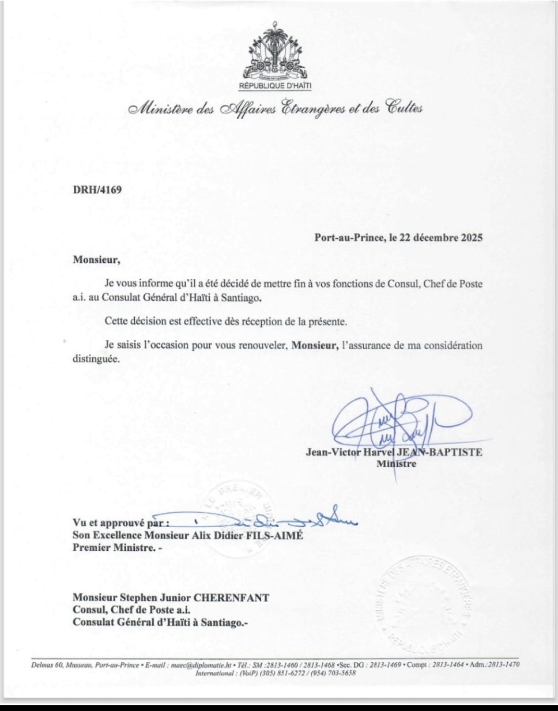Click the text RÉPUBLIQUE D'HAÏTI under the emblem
274,86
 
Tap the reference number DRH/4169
97,189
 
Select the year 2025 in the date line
471,237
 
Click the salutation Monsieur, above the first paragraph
96,259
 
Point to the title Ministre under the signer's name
396,463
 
